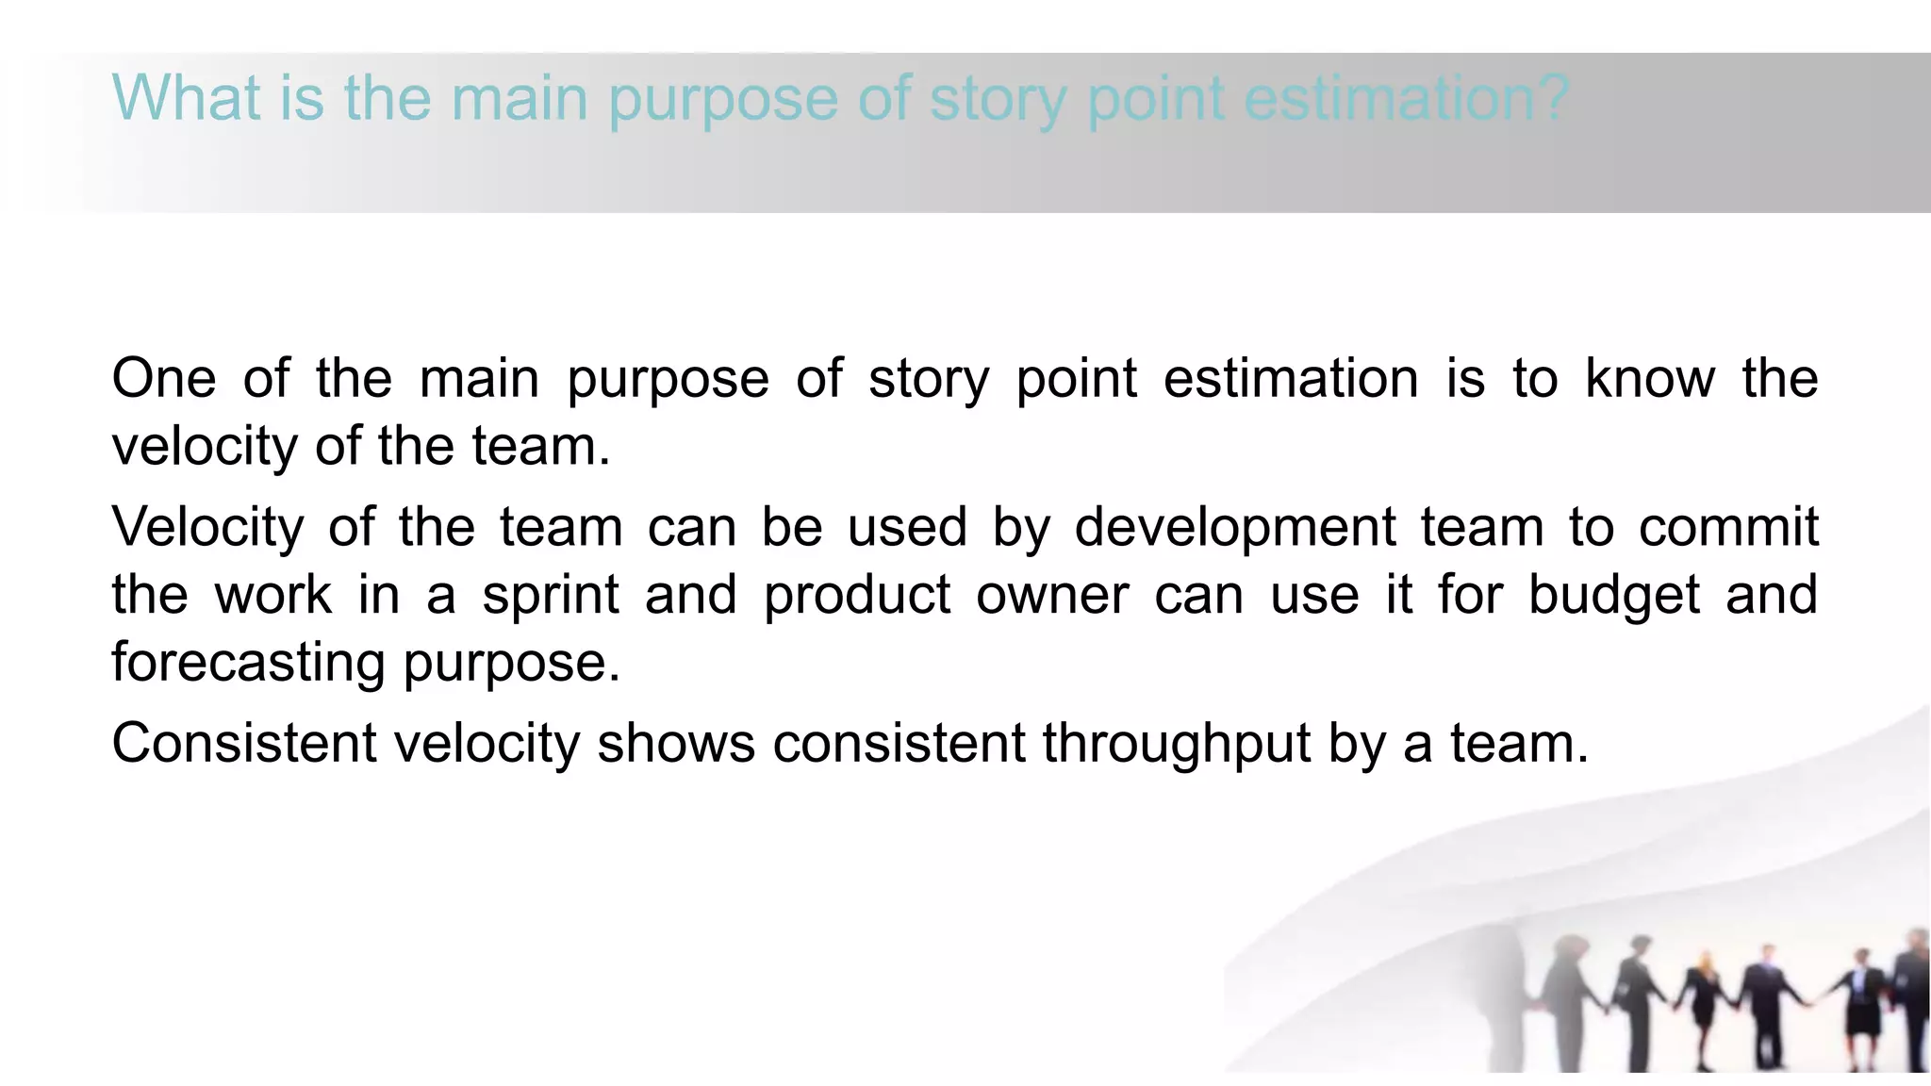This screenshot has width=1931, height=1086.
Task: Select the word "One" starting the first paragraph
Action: click(x=164, y=379)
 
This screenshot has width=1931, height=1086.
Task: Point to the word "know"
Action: click(x=1650, y=379)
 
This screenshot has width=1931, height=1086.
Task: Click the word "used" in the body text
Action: click(x=907, y=527)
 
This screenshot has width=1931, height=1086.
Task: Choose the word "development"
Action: click(x=1235, y=527)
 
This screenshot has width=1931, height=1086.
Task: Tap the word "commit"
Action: click(x=1728, y=527)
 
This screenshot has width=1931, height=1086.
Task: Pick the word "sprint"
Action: click(x=551, y=596)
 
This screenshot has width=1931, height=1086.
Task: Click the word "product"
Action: click(x=857, y=596)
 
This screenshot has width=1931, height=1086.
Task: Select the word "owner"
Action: click(x=1052, y=596)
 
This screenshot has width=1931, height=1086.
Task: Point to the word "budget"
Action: click(x=1614, y=596)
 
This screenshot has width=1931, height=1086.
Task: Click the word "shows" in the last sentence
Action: click(x=676, y=744)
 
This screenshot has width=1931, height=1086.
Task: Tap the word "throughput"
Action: click(x=1177, y=744)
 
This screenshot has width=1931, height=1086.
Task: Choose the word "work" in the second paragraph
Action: click(x=273, y=596)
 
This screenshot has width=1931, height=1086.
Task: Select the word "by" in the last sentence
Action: click(x=1357, y=744)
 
